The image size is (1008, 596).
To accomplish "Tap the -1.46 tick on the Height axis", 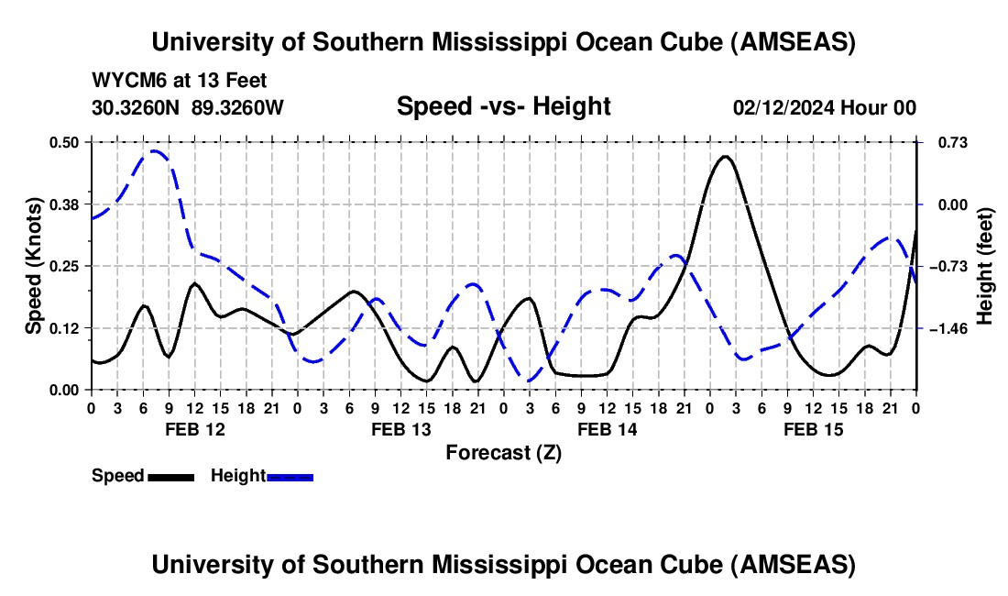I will click(x=946, y=328).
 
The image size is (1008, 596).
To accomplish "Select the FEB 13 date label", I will click(x=400, y=429).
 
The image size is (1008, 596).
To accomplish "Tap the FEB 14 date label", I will click(x=607, y=429).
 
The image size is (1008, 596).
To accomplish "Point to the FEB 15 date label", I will click(x=813, y=429).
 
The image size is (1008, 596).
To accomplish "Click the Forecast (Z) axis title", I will click(x=503, y=452).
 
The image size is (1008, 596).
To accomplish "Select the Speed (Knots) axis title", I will click(x=33, y=266).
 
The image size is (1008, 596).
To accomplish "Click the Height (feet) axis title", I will click(x=985, y=266).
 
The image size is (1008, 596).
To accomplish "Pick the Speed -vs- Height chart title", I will click(x=503, y=106).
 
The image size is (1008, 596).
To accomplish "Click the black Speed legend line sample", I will click(x=170, y=476).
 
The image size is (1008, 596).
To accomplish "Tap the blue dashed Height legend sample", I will click(x=290, y=476).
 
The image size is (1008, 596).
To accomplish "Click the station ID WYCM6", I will click(x=125, y=82).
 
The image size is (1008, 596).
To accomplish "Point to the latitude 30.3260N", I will click(x=137, y=107).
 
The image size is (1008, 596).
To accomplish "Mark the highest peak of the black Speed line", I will click(x=725, y=157).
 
